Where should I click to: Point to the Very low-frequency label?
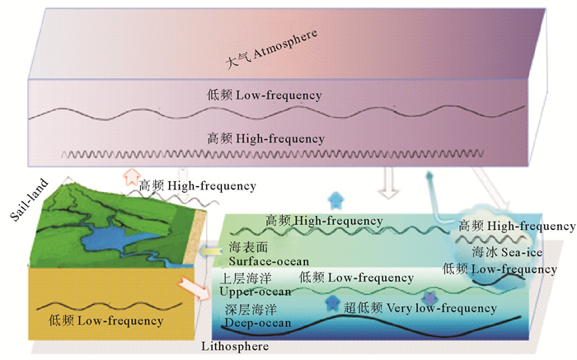pos(434,309)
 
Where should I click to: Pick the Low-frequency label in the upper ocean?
pos(346,278)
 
